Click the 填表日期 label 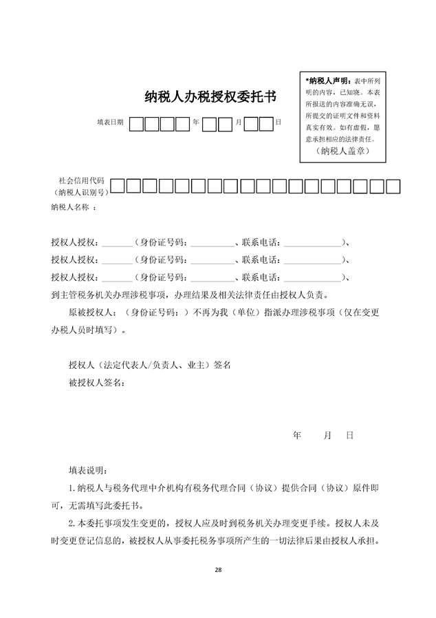(x=110, y=122)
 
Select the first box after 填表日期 (x=137, y=124)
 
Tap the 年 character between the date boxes (x=196, y=122)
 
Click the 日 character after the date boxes (x=278, y=122)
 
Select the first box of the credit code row (x=118, y=185)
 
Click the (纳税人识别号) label (x=80, y=191)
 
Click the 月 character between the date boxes (x=238, y=122)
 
